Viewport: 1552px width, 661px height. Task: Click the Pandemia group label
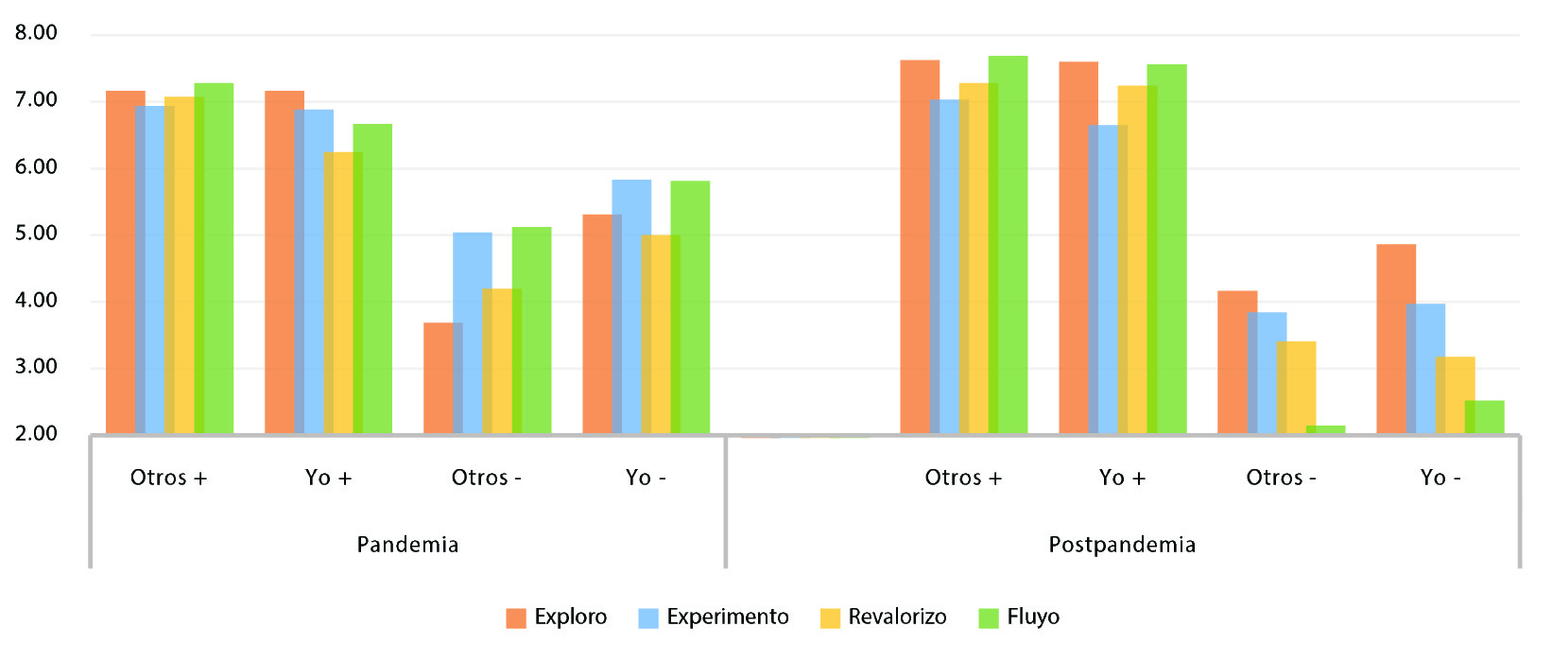coord(407,545)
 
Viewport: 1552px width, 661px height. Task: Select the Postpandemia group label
coord(1122,545)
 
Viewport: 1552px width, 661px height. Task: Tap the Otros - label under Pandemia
coord(486,478)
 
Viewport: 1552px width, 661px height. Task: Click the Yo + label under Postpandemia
coord(1122,478)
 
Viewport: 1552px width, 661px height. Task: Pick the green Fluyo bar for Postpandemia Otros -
coord(1326,430)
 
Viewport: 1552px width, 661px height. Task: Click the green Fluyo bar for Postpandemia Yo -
coord(1485,417)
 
